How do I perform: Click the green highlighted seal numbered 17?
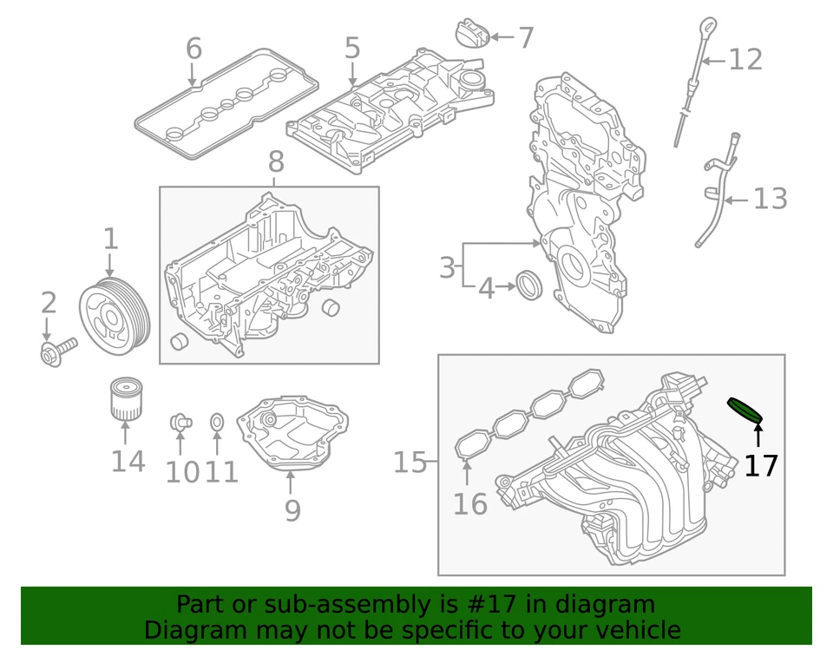744,410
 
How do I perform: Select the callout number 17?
761,466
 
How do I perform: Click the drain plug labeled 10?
180,423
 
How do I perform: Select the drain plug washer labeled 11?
218,423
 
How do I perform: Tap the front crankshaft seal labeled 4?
528,284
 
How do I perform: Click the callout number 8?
275,161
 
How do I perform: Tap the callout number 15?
410,463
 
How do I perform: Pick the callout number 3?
446,267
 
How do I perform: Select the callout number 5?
351,49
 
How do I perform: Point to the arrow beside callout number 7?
502,37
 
